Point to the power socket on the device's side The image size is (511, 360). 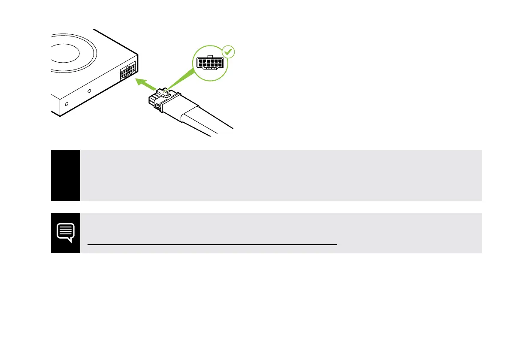pyautogui.click(x=128, y=71)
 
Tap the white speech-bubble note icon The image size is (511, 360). pyautogui.click(x=66, y=232)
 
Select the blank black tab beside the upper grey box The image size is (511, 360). pyautogui.click(x=66, y=175)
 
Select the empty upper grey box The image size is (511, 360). pyautogui.click(x=281, y=175)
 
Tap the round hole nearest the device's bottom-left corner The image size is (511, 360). pyautogui.click(x=66, y=104)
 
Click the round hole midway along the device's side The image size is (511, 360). pyautogui.click(x=89, y=91)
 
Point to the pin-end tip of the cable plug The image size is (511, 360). pyautogui.click(x=150, y=101)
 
